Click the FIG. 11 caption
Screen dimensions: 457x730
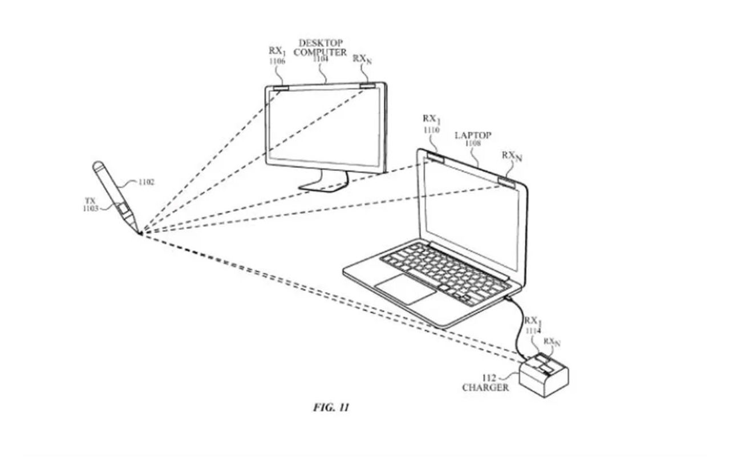331,407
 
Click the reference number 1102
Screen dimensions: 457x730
146,183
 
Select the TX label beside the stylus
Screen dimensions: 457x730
90,201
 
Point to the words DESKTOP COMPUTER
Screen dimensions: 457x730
320,48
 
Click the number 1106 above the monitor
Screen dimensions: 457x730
277,61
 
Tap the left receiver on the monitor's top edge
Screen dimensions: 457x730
280,88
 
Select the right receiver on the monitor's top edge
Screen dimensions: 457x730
368,86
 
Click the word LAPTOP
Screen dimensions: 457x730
473,136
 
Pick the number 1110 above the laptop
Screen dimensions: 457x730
432,130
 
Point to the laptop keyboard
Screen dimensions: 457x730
445,271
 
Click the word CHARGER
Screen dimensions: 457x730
485,387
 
